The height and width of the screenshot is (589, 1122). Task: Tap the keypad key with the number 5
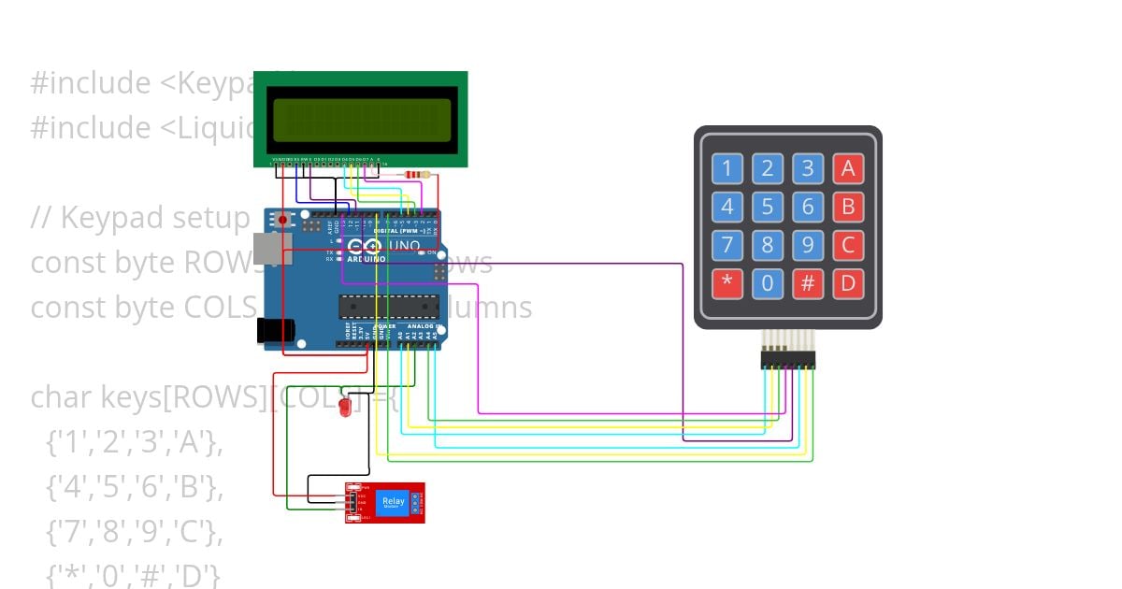pos(767,207)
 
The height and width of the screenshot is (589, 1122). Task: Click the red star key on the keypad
pos(726,283)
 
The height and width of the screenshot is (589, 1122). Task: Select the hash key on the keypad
pos(807,283)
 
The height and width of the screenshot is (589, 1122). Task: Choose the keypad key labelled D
pos(848,283)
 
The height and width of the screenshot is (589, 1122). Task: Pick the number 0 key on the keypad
pos(767,283)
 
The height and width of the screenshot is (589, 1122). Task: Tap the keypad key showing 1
pos(726,168)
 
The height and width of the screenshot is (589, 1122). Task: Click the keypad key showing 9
pos(807,245)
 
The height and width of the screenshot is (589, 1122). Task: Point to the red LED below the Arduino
pos(344,408)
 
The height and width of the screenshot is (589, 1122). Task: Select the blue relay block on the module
pos(393,504)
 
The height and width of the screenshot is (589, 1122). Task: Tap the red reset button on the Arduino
pos(282,221)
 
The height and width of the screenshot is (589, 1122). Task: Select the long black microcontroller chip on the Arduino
pos(388,307)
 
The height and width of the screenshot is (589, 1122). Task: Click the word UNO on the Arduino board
pos(404,246)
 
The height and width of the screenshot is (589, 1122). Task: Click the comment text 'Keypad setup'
pos(140,218)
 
